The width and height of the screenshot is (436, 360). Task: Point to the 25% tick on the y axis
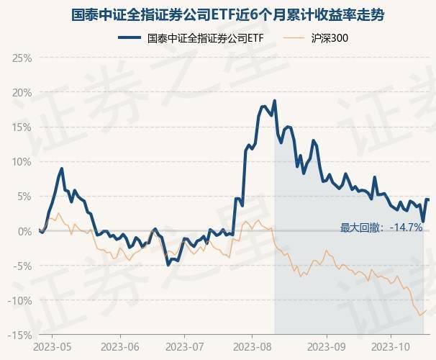point(22,58)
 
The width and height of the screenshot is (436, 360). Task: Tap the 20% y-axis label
point(22,92)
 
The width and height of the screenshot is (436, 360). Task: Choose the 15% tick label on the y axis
point(22,127)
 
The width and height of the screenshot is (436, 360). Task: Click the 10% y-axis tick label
point(22,161)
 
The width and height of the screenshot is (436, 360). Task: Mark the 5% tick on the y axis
point(24,196)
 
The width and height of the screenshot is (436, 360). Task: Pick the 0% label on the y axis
point(24,230)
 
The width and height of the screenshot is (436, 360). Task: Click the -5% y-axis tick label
point(22,265)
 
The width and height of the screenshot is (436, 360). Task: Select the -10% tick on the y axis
point(20,300)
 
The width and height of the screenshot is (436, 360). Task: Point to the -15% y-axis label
point(20,335)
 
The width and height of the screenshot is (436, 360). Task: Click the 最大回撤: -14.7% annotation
point(381,228)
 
